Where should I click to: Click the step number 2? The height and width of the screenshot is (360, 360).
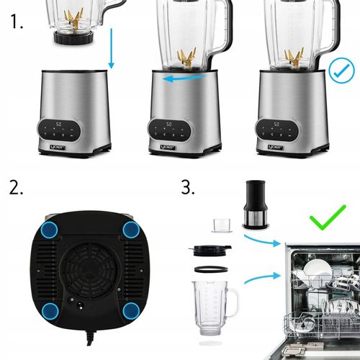(16, 189)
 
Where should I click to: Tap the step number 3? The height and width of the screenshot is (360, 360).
(188, 188)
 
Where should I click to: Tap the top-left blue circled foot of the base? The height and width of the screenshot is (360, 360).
(50, 229)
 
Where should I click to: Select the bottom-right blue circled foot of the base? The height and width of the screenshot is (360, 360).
(131, 311)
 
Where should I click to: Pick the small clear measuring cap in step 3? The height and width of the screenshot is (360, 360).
(220, 225)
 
